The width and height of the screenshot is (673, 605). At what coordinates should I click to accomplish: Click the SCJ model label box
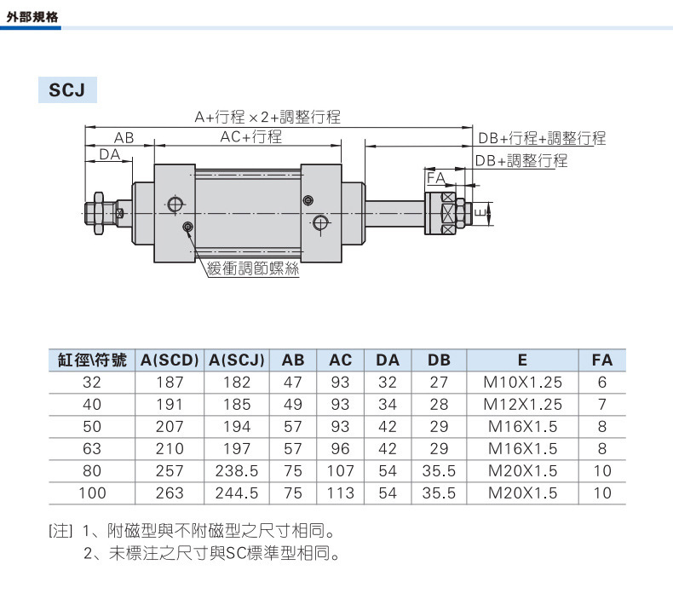[x=67, y=89]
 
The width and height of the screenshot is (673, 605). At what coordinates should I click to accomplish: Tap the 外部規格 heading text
[x=32, y=17]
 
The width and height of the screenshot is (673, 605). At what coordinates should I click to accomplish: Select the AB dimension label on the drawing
[x=124, y=138]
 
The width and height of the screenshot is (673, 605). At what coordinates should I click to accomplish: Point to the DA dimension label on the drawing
[x=110, y=154]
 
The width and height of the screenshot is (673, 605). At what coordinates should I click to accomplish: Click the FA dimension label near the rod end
[x=435, y=177]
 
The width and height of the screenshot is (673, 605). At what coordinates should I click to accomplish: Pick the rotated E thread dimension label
[x=481, y=213]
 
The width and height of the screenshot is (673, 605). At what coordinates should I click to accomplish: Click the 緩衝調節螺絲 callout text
[x=253, y=268]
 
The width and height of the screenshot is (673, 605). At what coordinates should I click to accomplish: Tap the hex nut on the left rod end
[x=99, y=213]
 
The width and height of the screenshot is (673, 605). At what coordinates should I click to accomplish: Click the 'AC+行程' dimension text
[x=251, y=137]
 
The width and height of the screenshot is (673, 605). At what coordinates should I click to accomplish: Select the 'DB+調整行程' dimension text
[x=521, y=161]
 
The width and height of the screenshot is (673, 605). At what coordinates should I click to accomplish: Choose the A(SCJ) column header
[x=237, y=360]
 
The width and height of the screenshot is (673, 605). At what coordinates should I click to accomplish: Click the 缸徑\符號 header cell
[x=92, y=360]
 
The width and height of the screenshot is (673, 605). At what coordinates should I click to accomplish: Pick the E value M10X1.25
[x=522, y=382]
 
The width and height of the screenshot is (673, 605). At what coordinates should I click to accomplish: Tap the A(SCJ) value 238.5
[x=237, y=471]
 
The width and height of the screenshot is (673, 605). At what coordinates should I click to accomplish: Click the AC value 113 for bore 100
[x=341, y=493]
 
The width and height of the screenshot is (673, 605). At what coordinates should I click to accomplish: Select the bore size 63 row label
[x=92, y=449]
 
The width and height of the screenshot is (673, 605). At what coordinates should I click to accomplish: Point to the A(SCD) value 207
[x=170, y=426]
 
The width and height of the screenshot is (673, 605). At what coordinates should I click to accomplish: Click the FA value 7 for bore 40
[x=602, y=404]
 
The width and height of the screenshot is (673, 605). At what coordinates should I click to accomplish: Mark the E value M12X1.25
[x=522, y=404]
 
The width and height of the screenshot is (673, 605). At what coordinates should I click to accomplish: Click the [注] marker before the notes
[x=60, y=532]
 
